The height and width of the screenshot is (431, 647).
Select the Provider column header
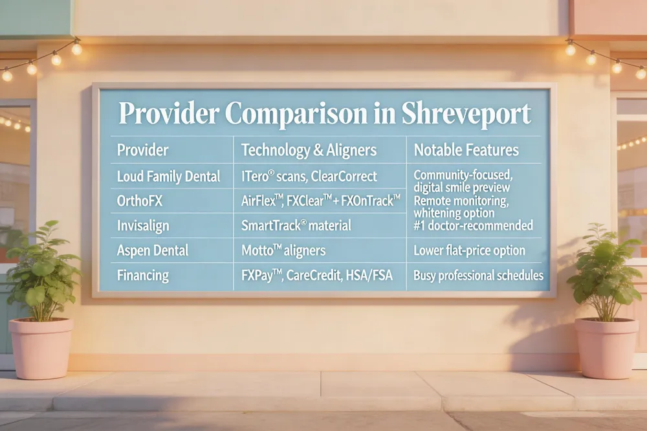(x=142, y=150)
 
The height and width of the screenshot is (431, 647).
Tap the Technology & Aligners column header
(x=309, y=150)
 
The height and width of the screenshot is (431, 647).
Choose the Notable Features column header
(x=466, y=150)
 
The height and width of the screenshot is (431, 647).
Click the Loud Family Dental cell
(x=168, y=176)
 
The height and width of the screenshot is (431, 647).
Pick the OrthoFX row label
(x=140, y=201)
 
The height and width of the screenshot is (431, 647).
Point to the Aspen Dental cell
(x=153, y=250)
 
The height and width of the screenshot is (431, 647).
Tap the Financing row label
(x=142, y=275)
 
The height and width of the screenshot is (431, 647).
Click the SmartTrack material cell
(x=296, y=225)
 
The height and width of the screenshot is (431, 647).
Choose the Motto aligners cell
(x=284, y=250)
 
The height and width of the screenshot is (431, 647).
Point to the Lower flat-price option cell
(x=469, y=250)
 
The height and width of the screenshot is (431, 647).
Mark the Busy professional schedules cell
(x=478, y=276)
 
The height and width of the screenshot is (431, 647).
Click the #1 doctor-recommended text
(x=473, y=225)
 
